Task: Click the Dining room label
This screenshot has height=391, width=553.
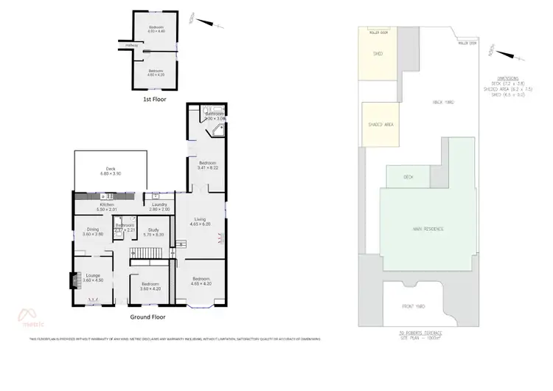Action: [x=93, y=232]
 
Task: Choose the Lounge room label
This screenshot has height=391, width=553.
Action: [x=93, y=278]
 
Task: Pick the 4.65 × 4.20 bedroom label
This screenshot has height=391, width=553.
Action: [x=201, y=280]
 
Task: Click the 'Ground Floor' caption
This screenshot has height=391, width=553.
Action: [x=147, y=316]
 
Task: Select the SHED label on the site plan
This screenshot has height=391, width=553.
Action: [x=378, y=54]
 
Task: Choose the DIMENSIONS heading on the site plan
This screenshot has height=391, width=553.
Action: [x=508, y=77]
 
